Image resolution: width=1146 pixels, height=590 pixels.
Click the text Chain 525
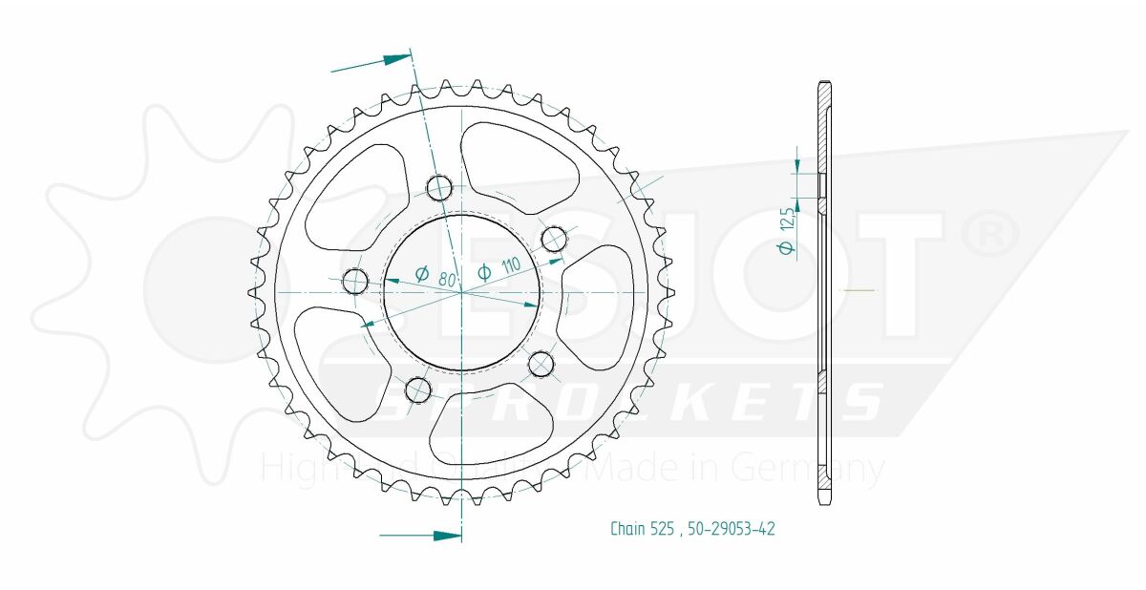tap(643, 528)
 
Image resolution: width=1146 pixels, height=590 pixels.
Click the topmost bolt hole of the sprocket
tap(439, 188)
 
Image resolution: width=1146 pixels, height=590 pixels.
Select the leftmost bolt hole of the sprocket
tap(355, 281)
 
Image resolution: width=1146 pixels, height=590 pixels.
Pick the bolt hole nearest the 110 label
tap(554, 238)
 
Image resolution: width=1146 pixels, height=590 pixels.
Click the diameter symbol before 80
tap(421, 274)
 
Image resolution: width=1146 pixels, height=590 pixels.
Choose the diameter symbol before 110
tap(484, 272)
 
